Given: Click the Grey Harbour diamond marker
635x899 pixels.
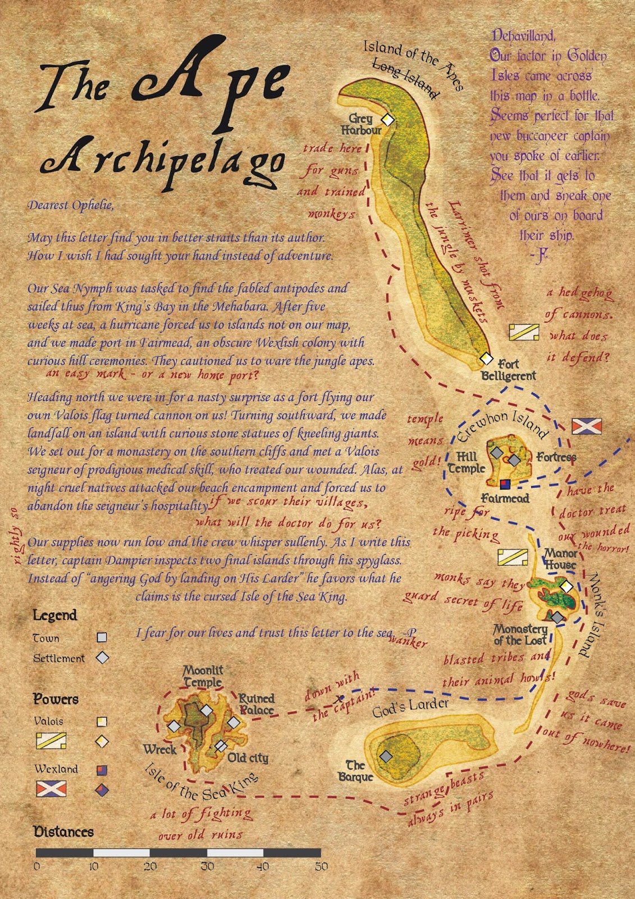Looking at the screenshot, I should (387, 119).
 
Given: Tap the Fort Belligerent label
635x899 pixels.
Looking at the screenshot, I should (509, 370).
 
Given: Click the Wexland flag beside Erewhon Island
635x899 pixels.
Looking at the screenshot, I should (587, 426).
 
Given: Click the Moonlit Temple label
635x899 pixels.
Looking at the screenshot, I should (203, 676).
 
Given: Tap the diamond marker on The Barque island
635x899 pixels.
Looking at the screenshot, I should (386, 756).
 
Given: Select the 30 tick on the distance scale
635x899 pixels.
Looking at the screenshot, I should (207, 866).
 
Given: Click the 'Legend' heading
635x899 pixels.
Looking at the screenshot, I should (54, 615).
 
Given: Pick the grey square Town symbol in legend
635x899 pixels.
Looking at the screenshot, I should (102, 637).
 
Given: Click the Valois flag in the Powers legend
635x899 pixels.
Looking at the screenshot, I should (51, 741).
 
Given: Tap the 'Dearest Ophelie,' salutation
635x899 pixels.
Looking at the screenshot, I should (71, 205).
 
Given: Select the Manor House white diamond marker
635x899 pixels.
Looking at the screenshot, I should (567, 587).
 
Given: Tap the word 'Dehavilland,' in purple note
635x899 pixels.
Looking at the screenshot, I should (523, 36).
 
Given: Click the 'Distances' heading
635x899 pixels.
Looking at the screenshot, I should (63, 832).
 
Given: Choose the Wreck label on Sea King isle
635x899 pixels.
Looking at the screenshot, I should (159, 750).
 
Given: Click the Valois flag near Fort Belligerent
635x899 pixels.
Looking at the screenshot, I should (524, 332).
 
